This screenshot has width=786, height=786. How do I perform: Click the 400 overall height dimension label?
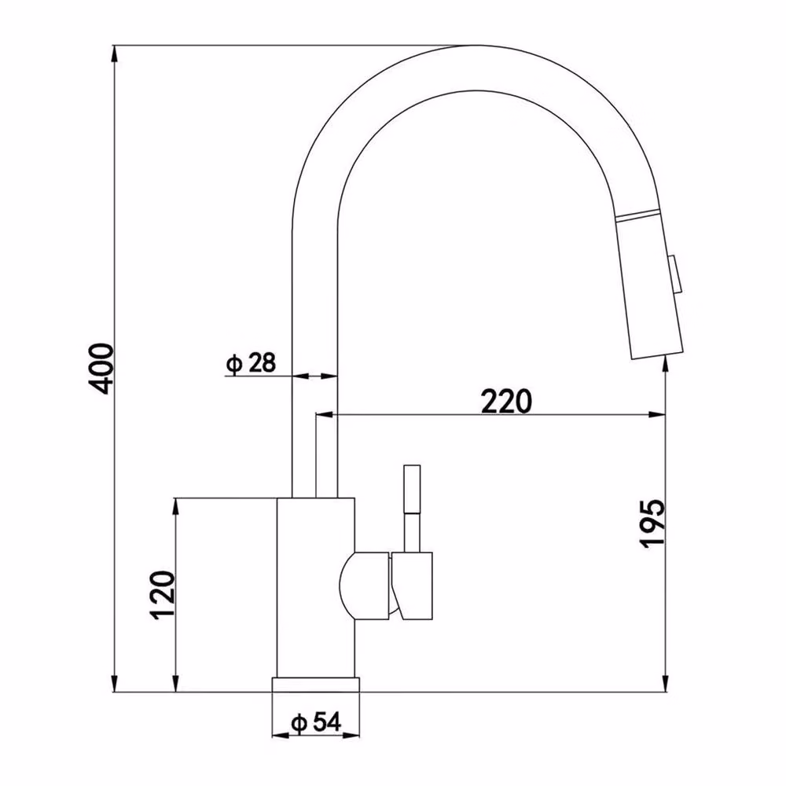pos(101,369)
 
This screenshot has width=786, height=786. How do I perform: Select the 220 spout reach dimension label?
pos(505,401)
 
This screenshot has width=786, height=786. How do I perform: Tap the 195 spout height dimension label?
pos(652,523)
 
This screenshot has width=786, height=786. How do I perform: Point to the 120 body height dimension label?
pos(163,594)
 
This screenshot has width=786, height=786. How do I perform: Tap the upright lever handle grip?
pos(412,489)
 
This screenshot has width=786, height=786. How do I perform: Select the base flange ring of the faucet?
pos(316,685)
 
